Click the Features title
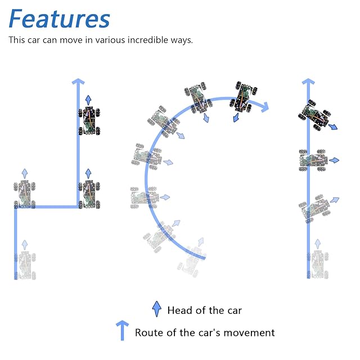coord(59,19)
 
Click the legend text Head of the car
coord(205,310)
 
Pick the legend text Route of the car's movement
coord(205,332)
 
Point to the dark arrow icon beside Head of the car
coord(157,309)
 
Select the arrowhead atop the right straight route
coord(308,83)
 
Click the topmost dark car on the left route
coord(88,120)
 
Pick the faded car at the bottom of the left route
coord(24,265)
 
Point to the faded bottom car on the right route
coord(318,265)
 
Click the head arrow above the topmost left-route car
coord(88,100)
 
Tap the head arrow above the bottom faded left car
coord(24,244)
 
